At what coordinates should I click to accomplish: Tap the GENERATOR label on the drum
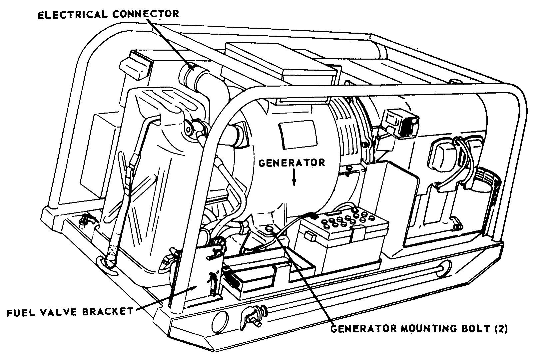291,163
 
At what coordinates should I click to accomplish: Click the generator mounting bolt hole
270,229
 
